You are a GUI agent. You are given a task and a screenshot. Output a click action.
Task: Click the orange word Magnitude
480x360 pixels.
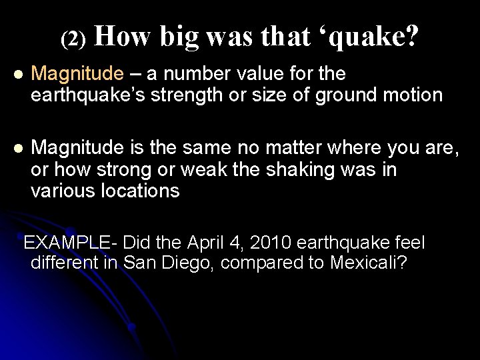point(77,74)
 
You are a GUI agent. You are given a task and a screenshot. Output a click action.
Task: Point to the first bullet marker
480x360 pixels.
point(19,74)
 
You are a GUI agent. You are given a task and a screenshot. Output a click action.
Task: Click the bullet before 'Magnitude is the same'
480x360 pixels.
point(19,147)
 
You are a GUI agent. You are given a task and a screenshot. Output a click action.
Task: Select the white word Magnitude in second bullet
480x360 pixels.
point(77,147)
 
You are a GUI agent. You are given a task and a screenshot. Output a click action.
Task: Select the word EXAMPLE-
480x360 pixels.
point(71,243)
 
